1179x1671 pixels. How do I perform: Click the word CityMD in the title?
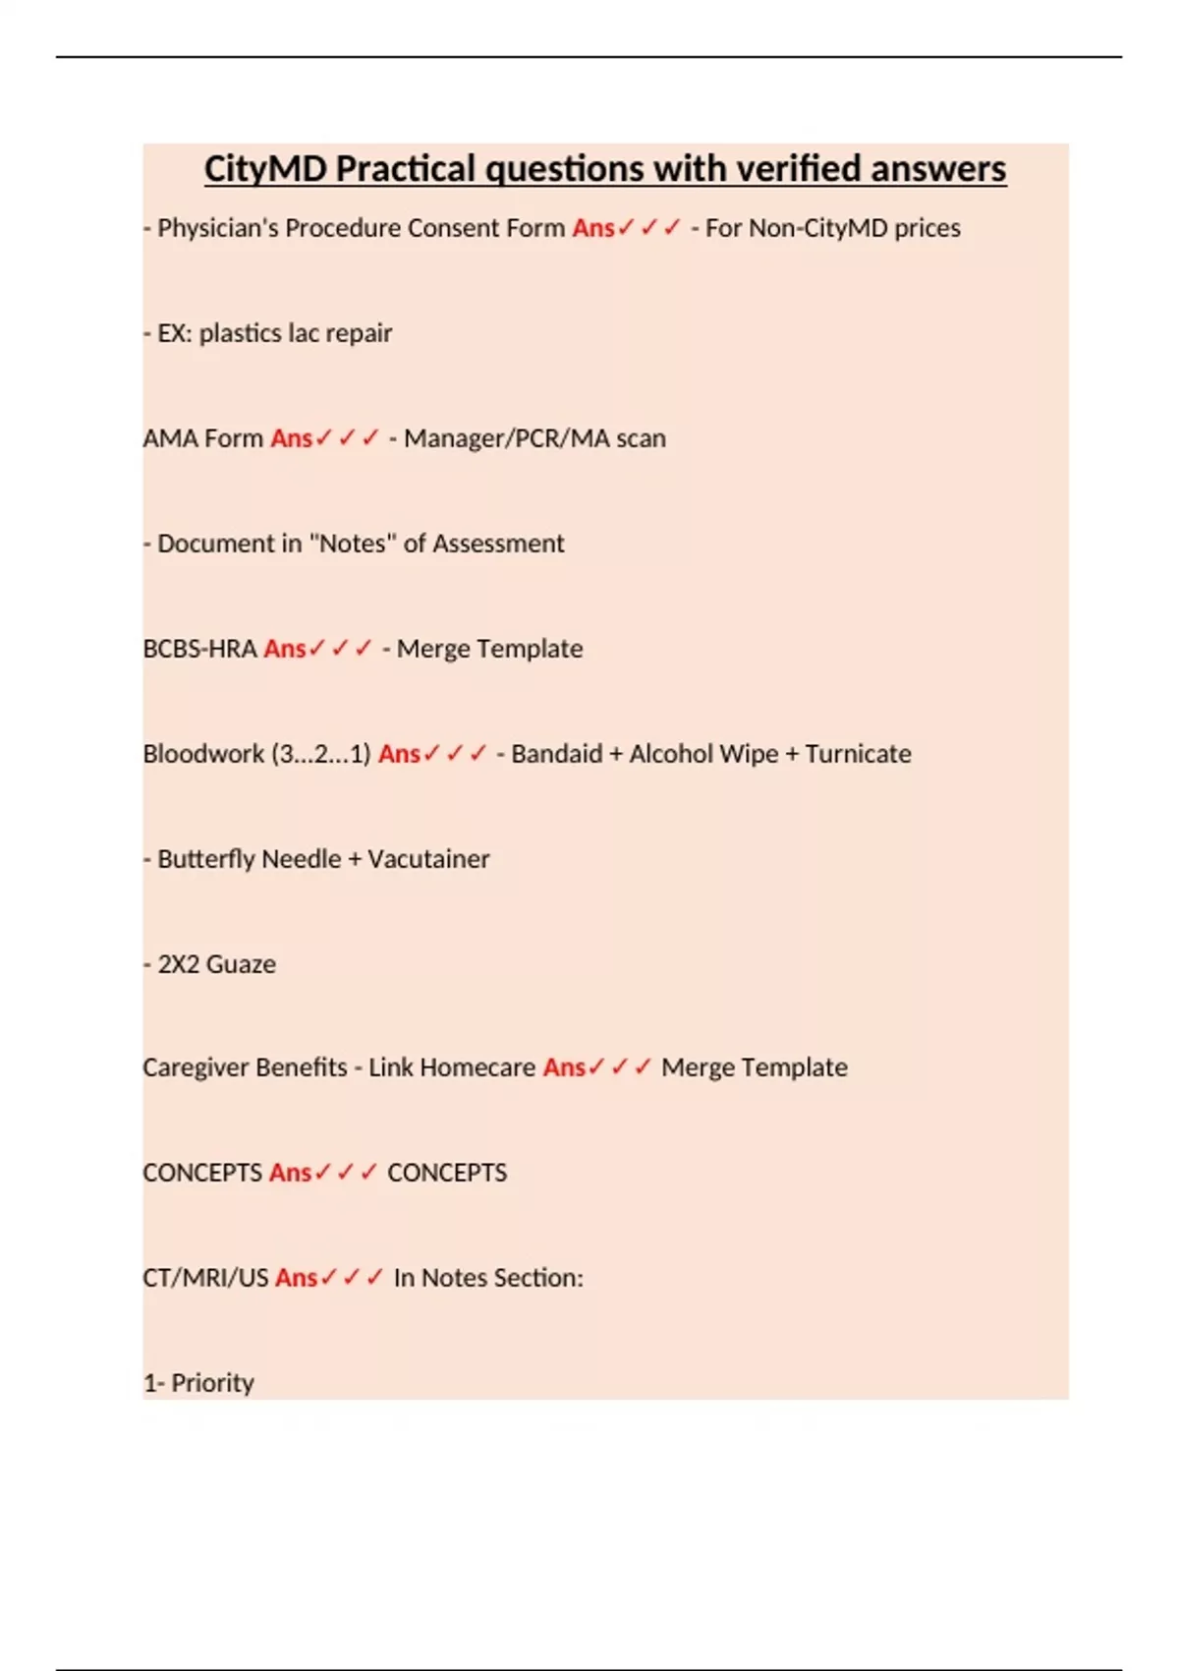(265, 169)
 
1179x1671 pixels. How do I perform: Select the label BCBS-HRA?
(199, 649)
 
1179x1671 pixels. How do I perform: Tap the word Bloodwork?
(203, 754)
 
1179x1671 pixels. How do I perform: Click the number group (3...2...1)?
(321, 754)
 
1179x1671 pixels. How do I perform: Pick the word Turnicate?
(858, 754)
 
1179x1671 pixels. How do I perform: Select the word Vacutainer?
(428, 859)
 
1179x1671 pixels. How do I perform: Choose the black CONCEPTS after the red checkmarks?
(447, 1173)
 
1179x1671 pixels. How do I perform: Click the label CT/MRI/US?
(205, 1278)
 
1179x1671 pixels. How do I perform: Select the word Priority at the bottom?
(212, 1383)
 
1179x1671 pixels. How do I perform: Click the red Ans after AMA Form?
(291, 438)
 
